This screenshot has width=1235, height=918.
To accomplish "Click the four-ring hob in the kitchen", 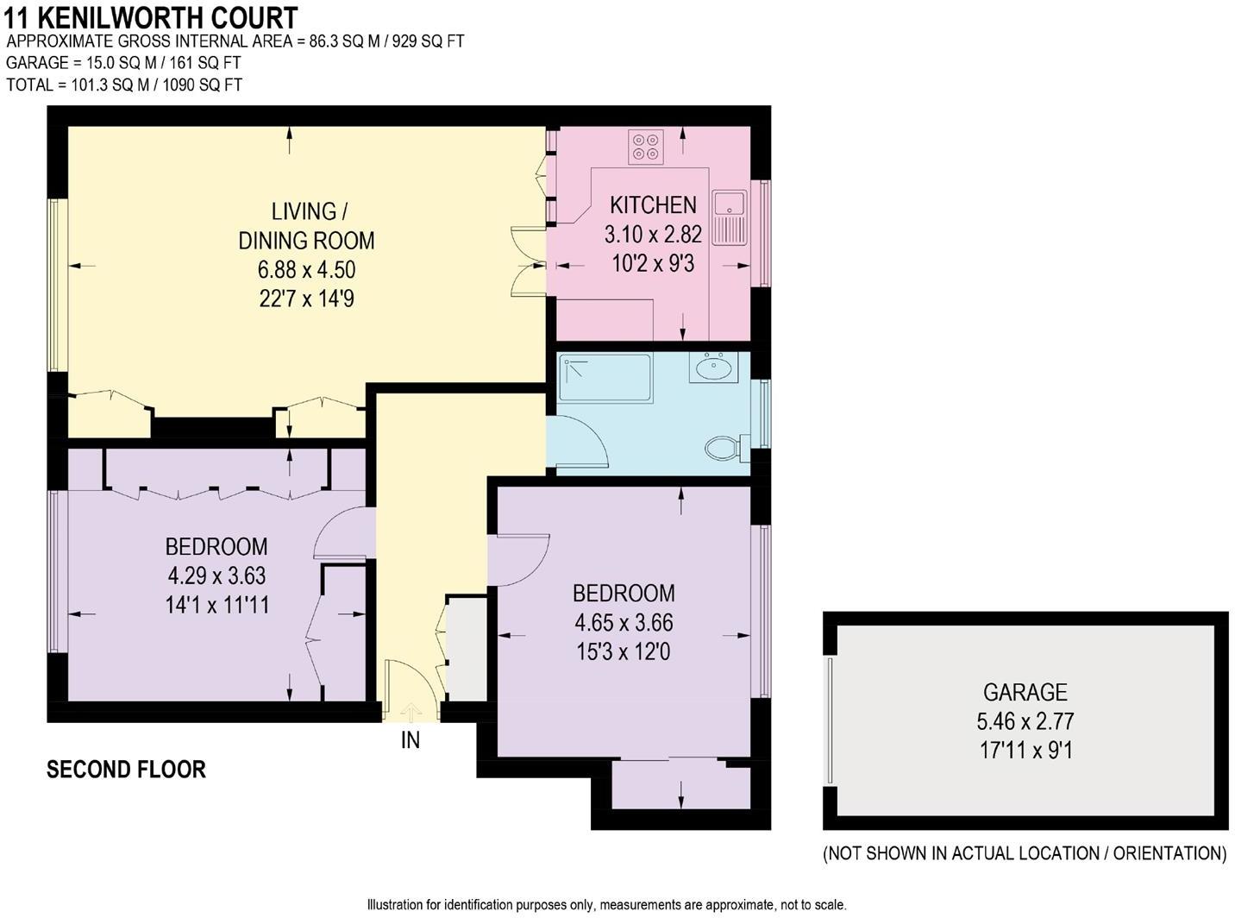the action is pyautogui.click(x=646, y=147).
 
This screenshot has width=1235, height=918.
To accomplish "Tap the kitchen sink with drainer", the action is pyautogui.click(x=730, y=218).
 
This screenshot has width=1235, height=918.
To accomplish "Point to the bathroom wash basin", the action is pyautogui.click(x=714, y=367).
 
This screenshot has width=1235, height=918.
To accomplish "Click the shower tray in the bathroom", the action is pyautogui.click(x=605, y=378).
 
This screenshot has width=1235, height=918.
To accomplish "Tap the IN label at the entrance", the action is pyautogui.click(x=411, y=740).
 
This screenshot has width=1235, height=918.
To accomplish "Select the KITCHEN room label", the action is pyautogui.click(x=653, y=205).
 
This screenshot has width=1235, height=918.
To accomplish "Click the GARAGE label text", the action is pyautogui.click(x=1025, y=693).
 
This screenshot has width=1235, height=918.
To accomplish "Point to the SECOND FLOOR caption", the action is pyautogui.click(x=127, y=770).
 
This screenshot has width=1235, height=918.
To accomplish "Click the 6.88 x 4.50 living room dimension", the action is pyautogui.click(x=306, y=269).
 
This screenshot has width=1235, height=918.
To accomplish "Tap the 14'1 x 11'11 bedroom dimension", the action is pyautogui.click(x=217, y=605).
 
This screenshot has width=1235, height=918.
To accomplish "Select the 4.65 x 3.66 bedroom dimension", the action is pyautogui.click(x=624, y=622).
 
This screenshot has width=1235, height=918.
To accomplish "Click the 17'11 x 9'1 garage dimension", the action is pyautogui.click(x=1025, y=751).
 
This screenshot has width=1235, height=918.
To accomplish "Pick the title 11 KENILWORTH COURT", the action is pyautogui.click(x=150, y=18).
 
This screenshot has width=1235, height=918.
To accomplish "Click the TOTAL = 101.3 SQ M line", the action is pyautogui.click(x=124, y=85).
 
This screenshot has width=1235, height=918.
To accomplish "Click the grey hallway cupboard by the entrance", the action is pyautogui.click(x=467, y=649).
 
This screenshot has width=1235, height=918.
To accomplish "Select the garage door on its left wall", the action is pyautogui.click(x=830, y=720).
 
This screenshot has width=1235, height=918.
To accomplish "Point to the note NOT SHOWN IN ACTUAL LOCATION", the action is pyautogui.click(x=1025, y=852).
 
